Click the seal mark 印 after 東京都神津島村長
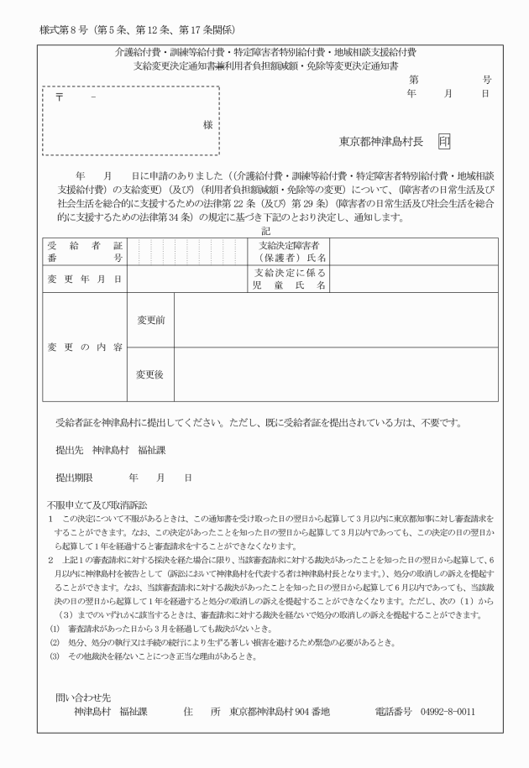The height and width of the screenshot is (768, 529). click(x=443, y=141)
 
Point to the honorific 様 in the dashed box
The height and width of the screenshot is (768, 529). click(x=207, y=123)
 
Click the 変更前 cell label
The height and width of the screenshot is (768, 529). click(x=151, y=321)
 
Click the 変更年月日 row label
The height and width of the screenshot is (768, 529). click(x=83, y=278)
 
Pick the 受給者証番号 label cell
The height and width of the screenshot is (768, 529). click(x=83, y=250)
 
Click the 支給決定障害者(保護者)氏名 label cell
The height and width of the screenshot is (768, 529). click(x=293, y=250)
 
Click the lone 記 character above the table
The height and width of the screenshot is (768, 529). click(x=266, y=230)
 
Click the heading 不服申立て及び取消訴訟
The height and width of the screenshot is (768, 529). click(x=97, y=504)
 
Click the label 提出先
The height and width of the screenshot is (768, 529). click(x=67, y=449)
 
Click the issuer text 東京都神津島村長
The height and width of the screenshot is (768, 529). click(x=384, y=141)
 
